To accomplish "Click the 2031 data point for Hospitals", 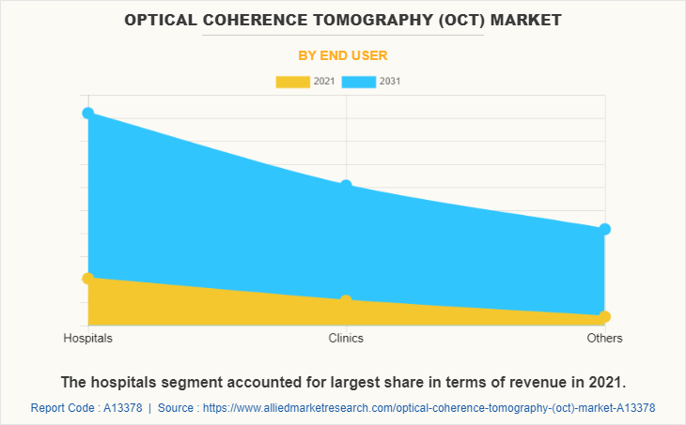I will coord(87,113).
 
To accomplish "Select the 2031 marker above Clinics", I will coord(346,185).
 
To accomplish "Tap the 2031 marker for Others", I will coord(605,229).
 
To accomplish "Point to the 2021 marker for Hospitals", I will coord(87,279).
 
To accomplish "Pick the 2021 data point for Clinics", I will coord(346,300).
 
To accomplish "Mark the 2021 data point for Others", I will coord(605,316).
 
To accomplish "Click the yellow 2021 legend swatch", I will coord(292,82).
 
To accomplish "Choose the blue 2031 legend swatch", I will coord(358,82).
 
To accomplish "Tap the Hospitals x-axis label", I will coord(87,338).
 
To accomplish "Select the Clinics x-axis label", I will coord(346,338).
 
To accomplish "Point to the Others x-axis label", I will coord(604,338).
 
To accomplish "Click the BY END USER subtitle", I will coord(343,55).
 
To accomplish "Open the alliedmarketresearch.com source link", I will coord(429,408).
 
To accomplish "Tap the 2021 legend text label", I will coord(324,82).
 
